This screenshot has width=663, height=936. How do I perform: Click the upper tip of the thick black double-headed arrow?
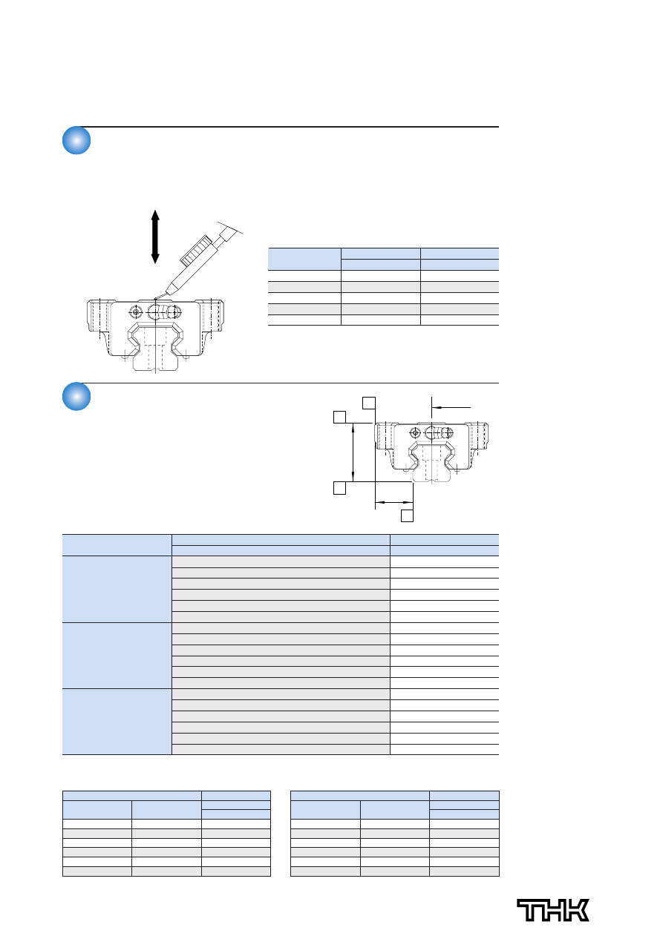coord(155,211)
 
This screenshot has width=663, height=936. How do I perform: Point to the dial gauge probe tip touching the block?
coord(156,298)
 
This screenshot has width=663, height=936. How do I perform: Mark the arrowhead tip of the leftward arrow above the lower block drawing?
coord(433,407)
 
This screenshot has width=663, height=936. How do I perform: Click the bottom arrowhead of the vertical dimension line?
coord(353,481)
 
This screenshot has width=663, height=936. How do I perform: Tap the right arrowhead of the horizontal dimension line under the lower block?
coord(413,502)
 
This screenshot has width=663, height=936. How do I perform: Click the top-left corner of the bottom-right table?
coord(291,791)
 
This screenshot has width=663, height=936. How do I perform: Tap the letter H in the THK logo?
coord(553,910)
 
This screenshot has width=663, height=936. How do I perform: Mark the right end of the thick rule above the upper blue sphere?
coord(499,127)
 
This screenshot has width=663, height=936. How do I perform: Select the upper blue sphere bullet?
coord(76,140)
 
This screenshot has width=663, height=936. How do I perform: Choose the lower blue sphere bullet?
coord(76,396)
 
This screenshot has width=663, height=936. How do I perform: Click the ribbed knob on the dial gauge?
coord(195,250)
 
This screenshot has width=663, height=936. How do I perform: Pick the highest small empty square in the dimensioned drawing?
coord(369,403)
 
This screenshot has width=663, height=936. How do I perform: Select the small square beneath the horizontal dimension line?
coord(407,515)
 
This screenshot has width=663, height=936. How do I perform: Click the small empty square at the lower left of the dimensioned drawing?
coord(339,488)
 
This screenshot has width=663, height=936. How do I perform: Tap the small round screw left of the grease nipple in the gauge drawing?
coord(136,312)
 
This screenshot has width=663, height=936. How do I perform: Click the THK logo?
coord(553,910)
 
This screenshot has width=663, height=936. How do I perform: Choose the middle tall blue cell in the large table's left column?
coord(117,655)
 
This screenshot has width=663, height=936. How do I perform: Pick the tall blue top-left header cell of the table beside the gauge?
coord(304,259)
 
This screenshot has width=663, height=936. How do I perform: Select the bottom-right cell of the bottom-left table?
coord(236,871)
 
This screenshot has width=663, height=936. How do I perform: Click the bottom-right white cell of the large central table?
coord(444,749)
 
